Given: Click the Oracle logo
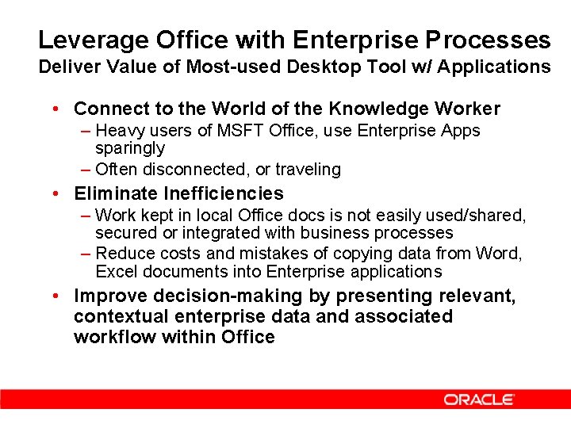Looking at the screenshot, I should pos(479,399).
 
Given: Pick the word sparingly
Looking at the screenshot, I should pos(130,148).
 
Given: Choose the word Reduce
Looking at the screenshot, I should pos(122,254).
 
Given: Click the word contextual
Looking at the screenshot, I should pos(121,317).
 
